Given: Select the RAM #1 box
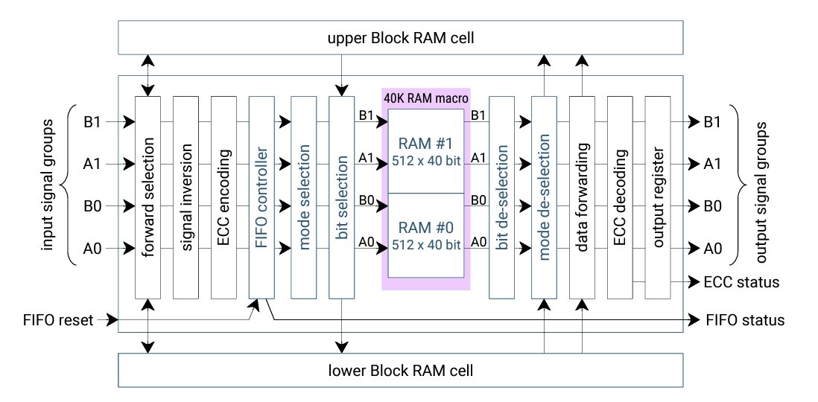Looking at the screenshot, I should click(x=425, y=150).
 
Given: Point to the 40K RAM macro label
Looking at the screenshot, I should click(x=425, y=98).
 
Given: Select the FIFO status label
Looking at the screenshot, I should click(x=744, y=321).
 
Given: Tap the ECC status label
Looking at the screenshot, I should click(x=741, y=282).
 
